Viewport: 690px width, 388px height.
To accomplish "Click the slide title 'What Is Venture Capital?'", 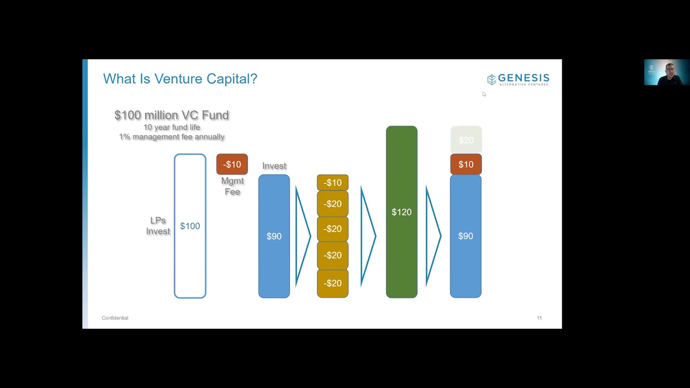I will (180, 79).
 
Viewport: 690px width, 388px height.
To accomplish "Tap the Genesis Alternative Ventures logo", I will (518, 80).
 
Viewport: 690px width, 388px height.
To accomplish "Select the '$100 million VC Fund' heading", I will (171, 115).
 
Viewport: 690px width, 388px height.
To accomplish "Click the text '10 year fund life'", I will (171, 127).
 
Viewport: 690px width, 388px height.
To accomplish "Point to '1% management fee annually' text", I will (171, 137).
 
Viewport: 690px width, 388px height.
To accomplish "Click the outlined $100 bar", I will (190, 226).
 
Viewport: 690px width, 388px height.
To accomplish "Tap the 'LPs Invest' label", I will (158, 226).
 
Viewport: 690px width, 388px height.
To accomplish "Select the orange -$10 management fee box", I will (232, 164).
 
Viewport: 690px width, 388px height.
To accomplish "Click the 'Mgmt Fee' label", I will (232, 186).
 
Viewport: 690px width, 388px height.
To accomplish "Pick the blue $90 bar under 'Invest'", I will (274, 236).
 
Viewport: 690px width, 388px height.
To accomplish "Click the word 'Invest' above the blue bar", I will (274, 166).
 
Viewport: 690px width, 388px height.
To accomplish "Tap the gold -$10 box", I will (333, 183).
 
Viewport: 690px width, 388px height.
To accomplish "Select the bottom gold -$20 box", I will (333, 283).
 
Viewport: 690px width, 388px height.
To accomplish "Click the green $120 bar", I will (402, 212).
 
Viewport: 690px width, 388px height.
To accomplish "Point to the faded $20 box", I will (466, 140).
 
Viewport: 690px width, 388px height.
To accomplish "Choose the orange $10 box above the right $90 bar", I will (466, 164).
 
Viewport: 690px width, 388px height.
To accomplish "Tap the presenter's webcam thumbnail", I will (666, 72).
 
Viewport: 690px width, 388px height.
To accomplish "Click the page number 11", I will (539, 318).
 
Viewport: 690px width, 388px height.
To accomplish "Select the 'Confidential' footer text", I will (115, 318).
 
